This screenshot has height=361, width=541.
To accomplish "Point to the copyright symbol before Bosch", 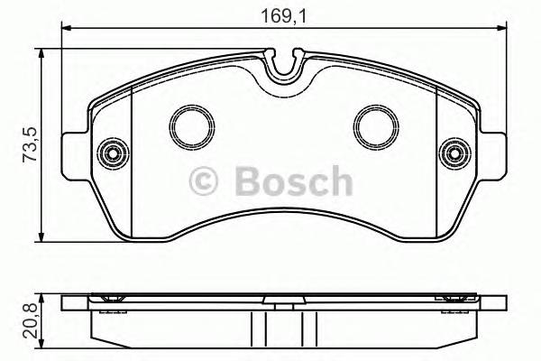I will click(x=205, y=182).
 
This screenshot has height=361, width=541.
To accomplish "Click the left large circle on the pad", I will click(x=189, y=126).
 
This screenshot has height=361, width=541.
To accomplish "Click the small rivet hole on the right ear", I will click(x=453, y=153).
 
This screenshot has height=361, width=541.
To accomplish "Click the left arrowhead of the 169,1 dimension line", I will click(x=66, y=32).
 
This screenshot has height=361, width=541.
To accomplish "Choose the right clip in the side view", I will click(x=451, y=299).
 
